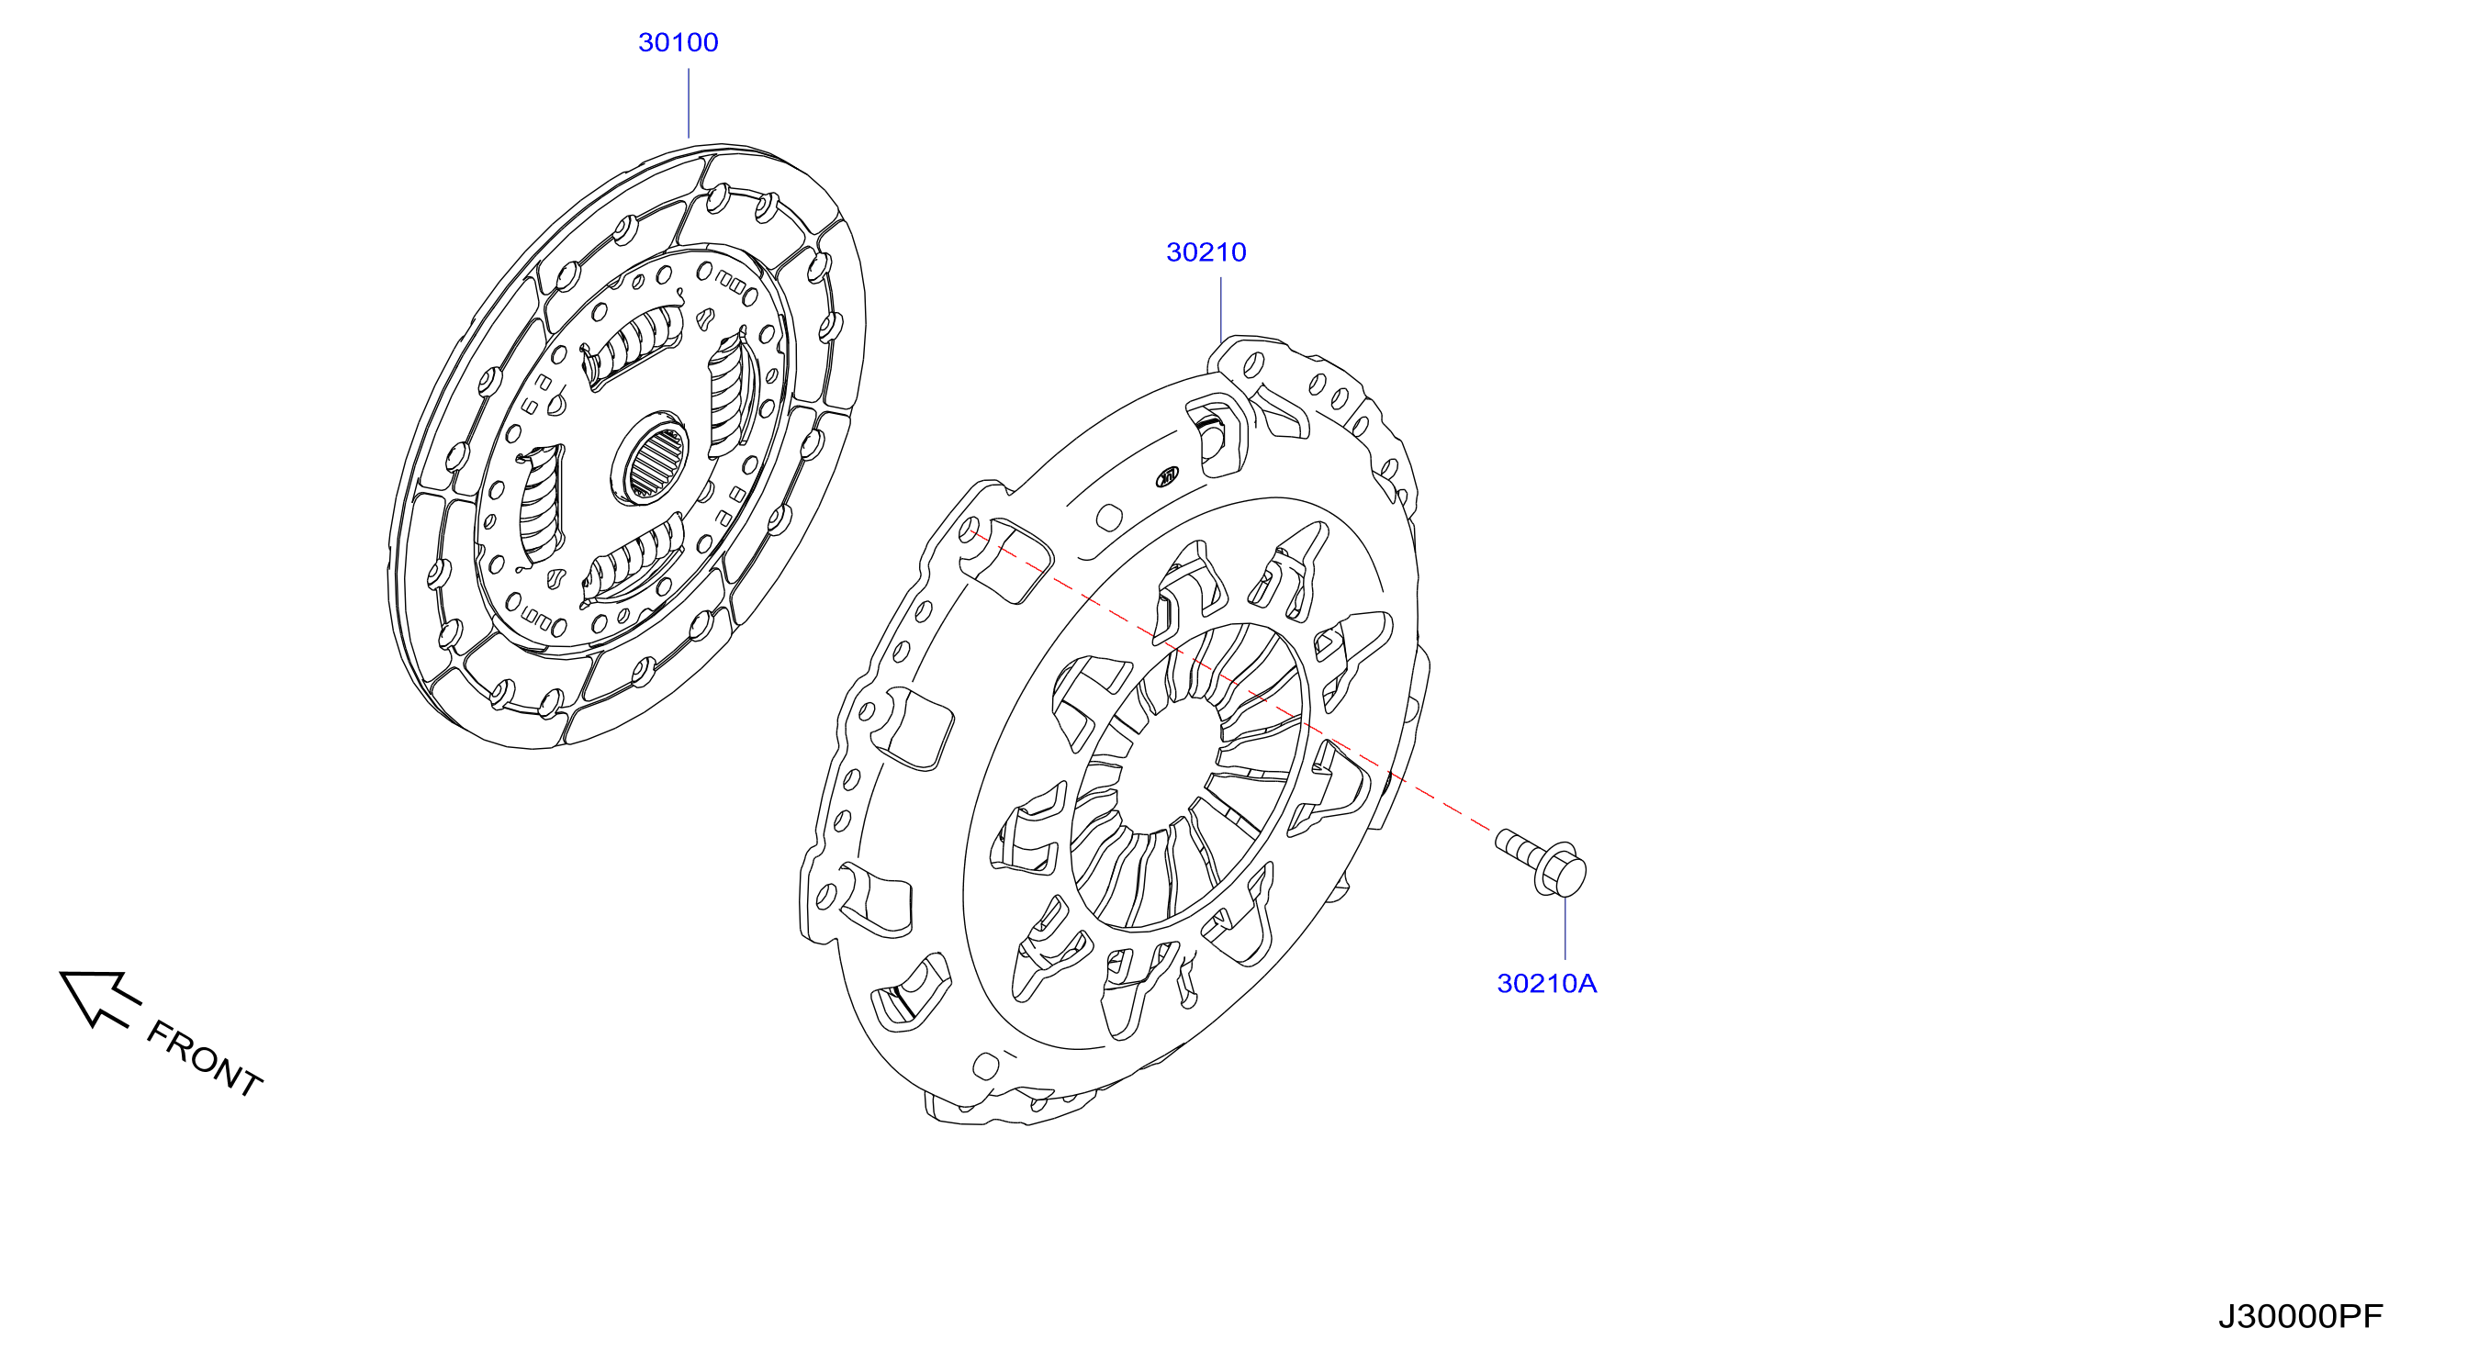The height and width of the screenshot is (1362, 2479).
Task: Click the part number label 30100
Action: (678, 42)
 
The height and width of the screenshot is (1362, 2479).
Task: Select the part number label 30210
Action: (1206, 252)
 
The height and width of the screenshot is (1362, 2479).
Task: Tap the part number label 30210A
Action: (1546, 983)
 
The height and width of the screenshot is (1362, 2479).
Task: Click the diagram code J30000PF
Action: (2300, 1316)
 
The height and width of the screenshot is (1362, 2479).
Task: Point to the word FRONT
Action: (205, 1058)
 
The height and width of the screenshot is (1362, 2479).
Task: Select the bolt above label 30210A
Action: (1541, 862)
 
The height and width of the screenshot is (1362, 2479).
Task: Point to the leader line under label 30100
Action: (688, 103)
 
